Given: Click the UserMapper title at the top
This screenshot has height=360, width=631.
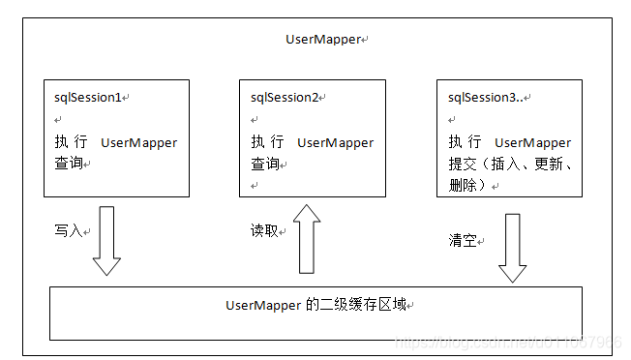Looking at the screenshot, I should coord(321,39).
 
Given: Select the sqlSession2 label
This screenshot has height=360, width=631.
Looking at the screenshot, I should coord(285,98).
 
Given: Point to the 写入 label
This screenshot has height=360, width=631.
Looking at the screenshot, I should coord(69,231).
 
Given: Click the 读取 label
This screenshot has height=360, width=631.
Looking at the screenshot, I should coord(265,231).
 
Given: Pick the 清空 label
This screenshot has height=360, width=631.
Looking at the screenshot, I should coord(464,240).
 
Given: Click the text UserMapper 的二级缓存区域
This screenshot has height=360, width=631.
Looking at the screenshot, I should coord(315,305).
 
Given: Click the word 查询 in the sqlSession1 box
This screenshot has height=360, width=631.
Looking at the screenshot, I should coord(69,163).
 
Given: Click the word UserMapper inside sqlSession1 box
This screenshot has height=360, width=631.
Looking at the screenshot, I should coord(139,142).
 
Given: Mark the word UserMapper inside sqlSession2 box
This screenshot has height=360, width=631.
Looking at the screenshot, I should coord(335,142).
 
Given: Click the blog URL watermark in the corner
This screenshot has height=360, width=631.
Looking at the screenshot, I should coord(508,343).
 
